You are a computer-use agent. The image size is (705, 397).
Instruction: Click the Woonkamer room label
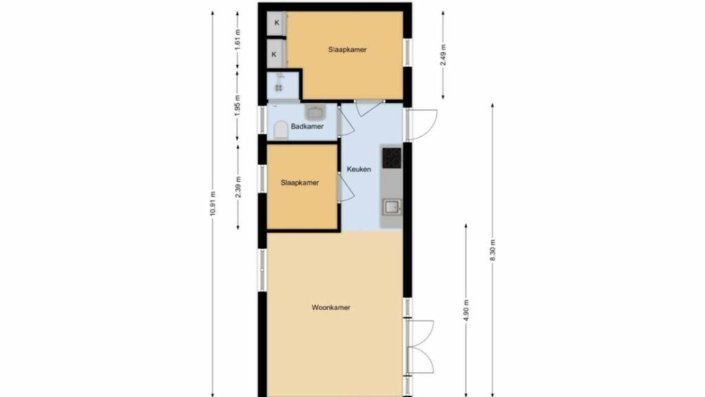[331, 307]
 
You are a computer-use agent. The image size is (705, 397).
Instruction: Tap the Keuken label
[359, 170]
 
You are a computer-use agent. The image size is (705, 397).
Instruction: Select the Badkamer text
[307, 127]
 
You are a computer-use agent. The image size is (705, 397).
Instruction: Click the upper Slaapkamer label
[347, 50]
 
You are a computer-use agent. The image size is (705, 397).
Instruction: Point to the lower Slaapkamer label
[300, 183]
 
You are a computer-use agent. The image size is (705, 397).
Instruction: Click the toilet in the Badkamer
[281, 130]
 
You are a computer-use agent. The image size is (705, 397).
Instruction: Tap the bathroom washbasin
[315, 111]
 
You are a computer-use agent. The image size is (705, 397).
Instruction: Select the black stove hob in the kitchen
[392, 158]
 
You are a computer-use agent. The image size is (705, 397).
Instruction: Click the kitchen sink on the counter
[392, 207]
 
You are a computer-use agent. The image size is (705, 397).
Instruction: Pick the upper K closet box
[277, 23]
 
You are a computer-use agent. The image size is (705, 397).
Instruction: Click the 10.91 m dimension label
[213, 204]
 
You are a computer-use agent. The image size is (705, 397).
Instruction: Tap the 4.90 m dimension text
[466, 310]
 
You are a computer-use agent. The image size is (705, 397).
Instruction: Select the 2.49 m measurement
[443, 55]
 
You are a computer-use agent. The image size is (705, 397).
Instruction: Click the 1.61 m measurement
[238, 39]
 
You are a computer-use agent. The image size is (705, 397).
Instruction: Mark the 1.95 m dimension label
[238, 105]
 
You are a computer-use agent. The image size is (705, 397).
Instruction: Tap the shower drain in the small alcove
[279, 88]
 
